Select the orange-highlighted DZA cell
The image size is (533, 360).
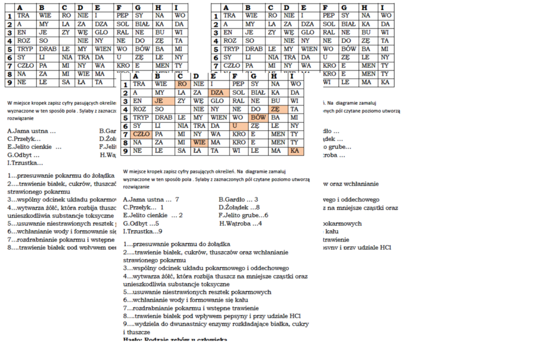(218, 93)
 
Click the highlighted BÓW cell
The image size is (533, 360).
(258, 118)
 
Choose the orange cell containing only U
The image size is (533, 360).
(238, 126)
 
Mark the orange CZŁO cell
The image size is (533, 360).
(142, 134)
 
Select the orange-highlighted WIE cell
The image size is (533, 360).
(199, 143)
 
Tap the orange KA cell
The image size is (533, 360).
(295, 151)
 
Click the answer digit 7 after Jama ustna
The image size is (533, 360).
(177, 200)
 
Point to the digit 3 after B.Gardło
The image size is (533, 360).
(256, 200)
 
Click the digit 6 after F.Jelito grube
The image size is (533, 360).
(266, 216)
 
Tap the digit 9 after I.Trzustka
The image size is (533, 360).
(160, 231)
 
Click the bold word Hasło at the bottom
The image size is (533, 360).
(133, 340)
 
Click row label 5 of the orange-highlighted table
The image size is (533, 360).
(126, 118)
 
